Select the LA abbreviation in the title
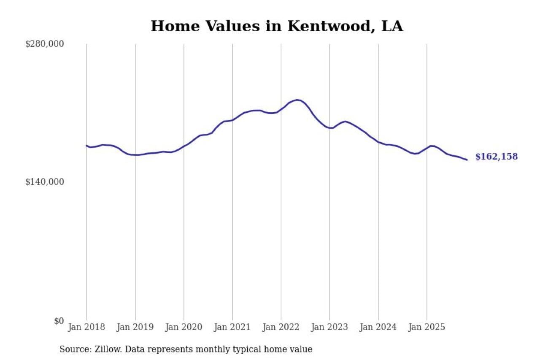(x=392, y=26)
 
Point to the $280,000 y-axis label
(x=45, y=44)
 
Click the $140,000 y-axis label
(x=45, y=182)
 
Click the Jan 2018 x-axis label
(x=86, y=327)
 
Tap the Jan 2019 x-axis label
(x=135, y=327)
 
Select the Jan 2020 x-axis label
(x=184, y=327)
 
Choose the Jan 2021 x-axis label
(x=232, y=327)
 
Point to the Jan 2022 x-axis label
(x=281, y=327)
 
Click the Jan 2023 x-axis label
(x=329, y=327)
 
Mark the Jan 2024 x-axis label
(x=378, y=327)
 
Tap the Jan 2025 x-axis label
(x=427, y=327)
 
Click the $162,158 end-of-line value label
(x=496, y=157)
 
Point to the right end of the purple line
(x=467, y=160)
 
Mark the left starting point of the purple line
(x=86, y=146)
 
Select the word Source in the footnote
(x=72, y=349)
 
